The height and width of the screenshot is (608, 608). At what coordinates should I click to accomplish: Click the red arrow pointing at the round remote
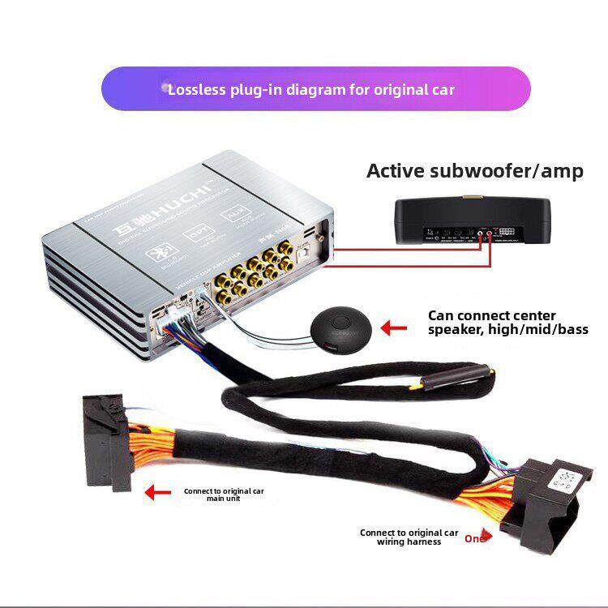(x=395, y=328)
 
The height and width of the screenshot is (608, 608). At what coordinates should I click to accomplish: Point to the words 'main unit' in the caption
(x=223, y=499)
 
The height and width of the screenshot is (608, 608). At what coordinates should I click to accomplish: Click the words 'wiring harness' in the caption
(x=409, y=542)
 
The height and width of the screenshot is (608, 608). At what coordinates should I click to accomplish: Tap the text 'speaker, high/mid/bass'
(x=508, y=329)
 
